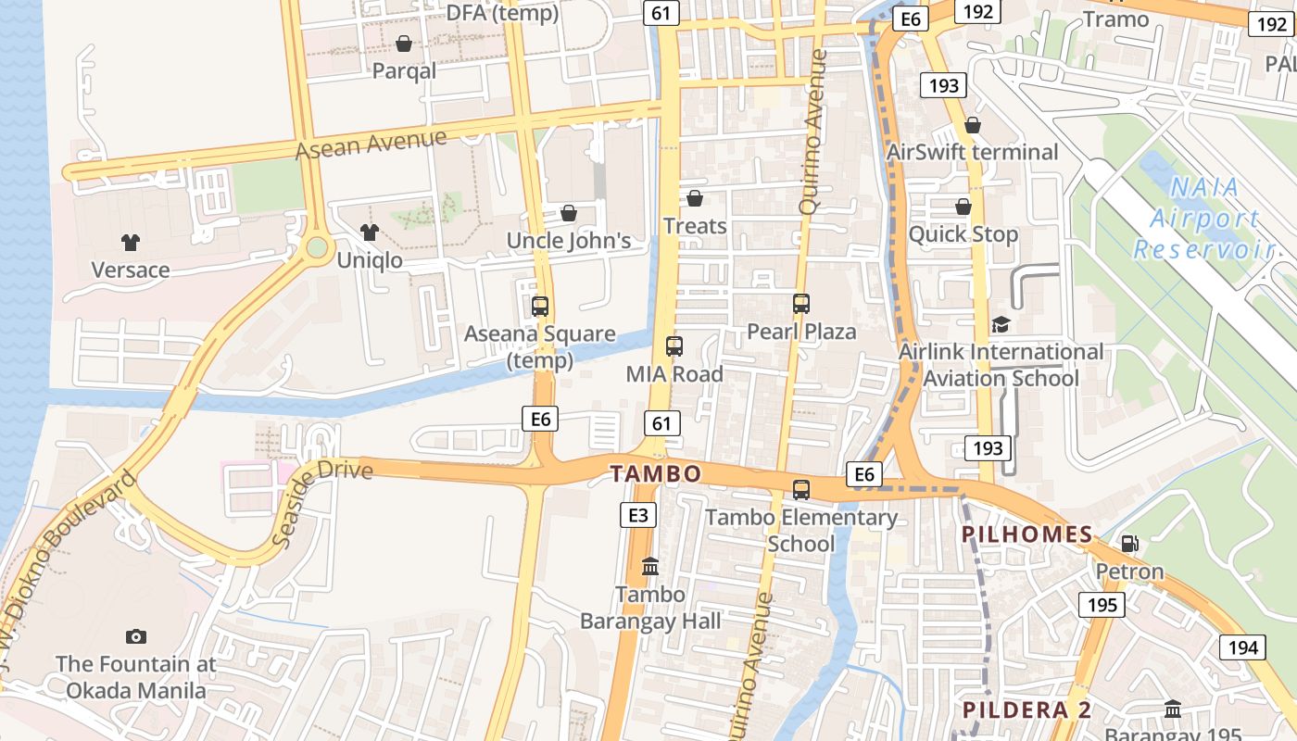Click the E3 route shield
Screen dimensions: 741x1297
point(638,515)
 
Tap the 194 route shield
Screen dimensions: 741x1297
point(1241,647)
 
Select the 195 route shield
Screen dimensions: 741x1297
point(1102,605)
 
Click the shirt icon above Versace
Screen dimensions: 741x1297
point(130,243)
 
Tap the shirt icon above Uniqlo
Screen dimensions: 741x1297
point(370,232)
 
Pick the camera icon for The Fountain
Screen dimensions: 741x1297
point(136,636)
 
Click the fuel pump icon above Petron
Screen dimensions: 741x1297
point(1129,544)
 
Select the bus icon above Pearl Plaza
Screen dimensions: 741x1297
point(801,303)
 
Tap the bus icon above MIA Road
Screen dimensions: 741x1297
point(674,346)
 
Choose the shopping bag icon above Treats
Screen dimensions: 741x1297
point(695,198)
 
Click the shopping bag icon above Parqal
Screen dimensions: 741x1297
point(404,44)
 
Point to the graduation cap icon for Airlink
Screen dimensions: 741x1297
point(1001,324)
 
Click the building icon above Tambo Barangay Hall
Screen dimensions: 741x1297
point(650,566)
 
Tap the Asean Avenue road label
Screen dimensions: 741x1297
point(371,144)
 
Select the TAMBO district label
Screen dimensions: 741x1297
point(656,474)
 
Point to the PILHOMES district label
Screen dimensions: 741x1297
point(1027,534)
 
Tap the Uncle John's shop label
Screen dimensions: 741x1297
point(568,241)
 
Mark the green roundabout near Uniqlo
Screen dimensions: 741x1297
point(318,247)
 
